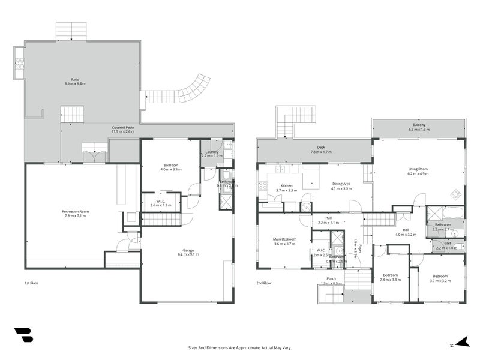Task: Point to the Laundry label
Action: [212, 153]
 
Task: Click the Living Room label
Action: [418, 171]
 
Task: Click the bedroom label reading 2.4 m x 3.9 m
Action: [391, 277]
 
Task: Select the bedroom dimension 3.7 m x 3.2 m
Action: [440, 280]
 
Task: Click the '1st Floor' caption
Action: [31, 283]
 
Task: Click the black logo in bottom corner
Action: [24, 335]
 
